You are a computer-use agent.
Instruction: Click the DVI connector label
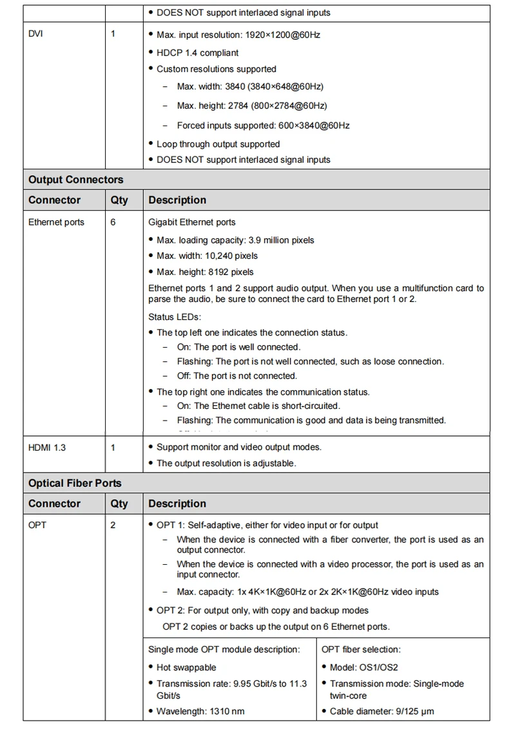(x=36, y=34)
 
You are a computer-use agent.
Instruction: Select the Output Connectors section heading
(x=75, y=180)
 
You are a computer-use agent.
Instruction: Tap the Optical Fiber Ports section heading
(x=75, y=483)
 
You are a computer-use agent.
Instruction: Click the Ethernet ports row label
(x=56, y=222)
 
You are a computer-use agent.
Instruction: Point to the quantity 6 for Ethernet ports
(x=113, y=222)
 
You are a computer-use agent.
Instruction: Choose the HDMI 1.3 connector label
(x=47, y=447)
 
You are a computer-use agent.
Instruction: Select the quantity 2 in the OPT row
(x=113, y=525)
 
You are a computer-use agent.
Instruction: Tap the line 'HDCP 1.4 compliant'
(x=197, y=53)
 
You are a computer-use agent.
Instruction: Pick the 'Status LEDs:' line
(x=175, y=317)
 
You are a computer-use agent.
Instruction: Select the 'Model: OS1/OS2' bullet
(x=363, y=668)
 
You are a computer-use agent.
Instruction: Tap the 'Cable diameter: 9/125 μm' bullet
(x=381, y=712)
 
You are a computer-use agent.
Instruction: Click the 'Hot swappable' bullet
(x=186, y=668)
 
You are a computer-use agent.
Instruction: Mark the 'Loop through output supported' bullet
(x=218, y=144)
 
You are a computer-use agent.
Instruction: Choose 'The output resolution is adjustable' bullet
(x=226, y=463)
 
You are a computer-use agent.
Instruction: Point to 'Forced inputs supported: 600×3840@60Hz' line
(x=263, y=126)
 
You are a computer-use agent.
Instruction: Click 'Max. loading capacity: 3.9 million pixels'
(x=235, y=240)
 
